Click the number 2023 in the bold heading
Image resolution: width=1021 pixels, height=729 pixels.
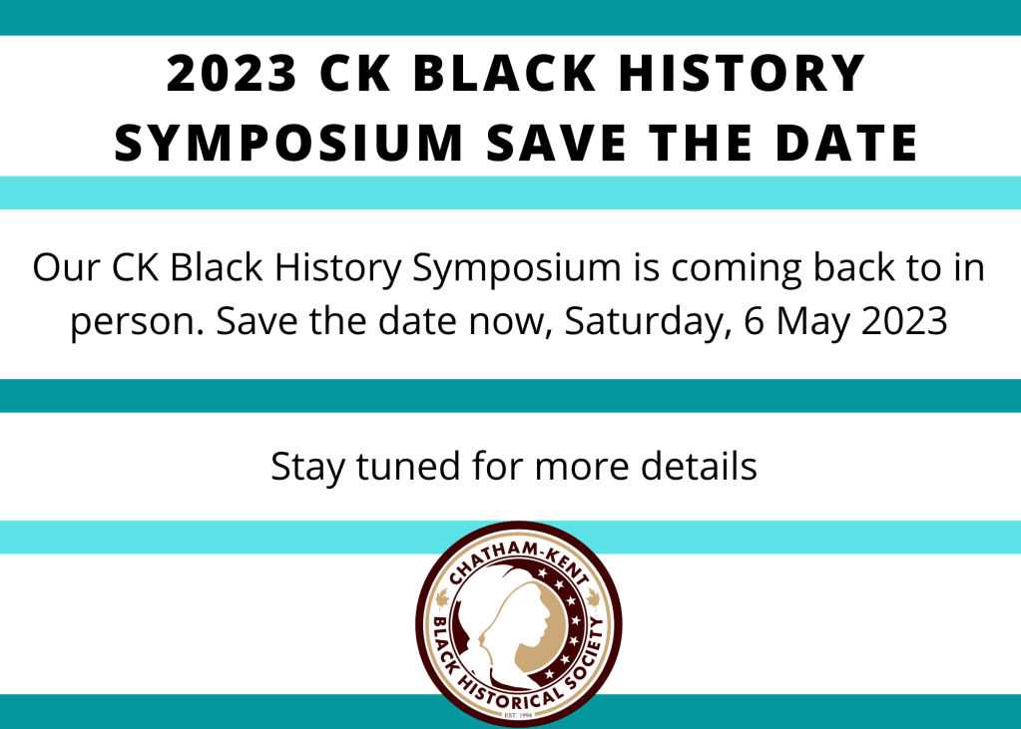tap(232, 73)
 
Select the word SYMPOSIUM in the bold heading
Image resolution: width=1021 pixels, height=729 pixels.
tap(288, 142)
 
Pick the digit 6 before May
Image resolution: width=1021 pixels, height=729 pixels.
tap(754, 321)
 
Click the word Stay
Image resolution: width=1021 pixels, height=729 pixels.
tap(306, 468)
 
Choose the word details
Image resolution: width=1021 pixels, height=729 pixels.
tap(699, 466)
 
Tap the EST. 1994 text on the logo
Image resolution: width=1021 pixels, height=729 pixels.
tap(519, 716)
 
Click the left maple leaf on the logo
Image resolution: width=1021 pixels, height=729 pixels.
tap(443, 597)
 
